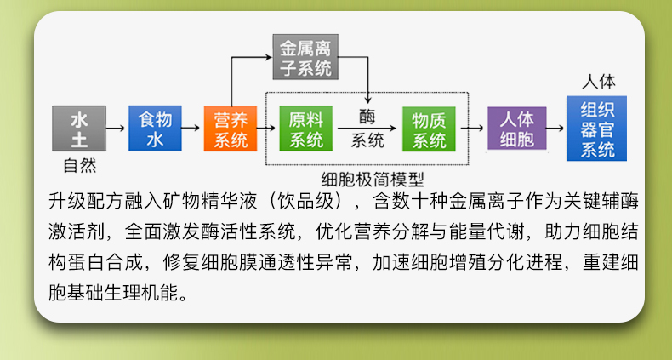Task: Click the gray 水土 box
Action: (79, 129)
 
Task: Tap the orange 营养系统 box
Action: (230, 129)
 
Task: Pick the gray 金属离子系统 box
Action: (302, 56)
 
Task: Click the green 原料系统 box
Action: (306, 129)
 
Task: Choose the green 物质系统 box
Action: (429, 129)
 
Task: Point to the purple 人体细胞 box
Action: (516, 129)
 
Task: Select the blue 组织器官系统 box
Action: (597, 129)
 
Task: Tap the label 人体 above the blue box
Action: (598, 83)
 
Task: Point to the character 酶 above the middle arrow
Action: (367, 115)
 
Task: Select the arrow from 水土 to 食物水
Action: (117, 129)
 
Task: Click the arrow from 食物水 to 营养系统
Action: (191, 129)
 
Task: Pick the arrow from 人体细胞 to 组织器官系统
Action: (555, 129)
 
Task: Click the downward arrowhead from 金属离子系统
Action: (367, 97)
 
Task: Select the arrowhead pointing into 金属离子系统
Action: (266, 57)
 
